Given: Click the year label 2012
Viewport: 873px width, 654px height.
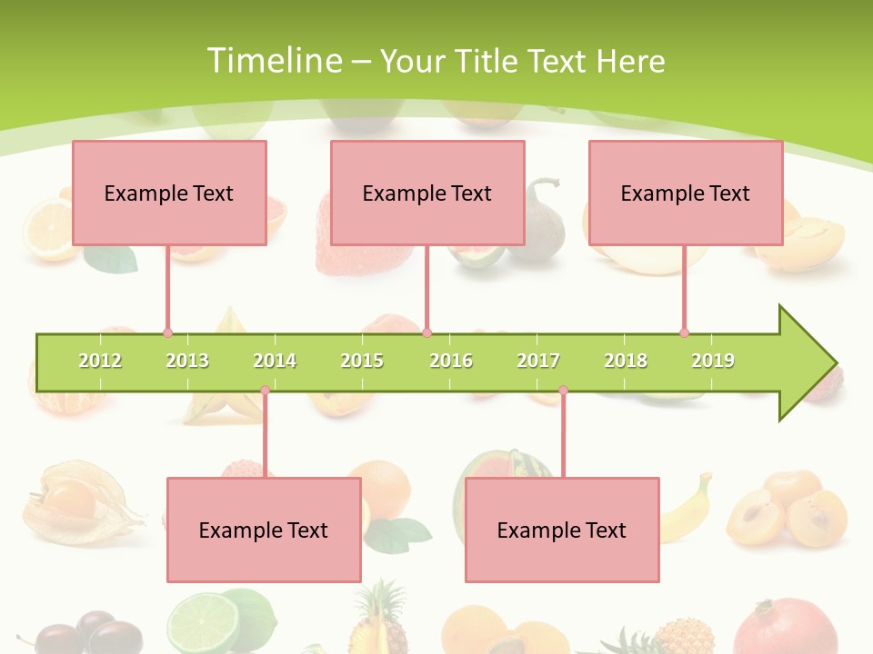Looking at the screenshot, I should click(100, 361).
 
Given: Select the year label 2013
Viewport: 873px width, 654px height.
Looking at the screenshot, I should click(187, 361).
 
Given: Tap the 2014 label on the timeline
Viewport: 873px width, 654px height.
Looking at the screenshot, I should click(275, 361).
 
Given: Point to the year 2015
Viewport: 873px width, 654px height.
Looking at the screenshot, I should click(362, 361).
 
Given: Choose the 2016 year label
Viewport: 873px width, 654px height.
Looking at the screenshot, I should click(451, 361).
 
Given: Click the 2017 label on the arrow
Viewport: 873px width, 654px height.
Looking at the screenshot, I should click(538, 361).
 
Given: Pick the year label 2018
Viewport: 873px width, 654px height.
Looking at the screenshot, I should click(626, 361).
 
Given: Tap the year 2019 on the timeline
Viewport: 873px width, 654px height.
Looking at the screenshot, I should click(713, 361).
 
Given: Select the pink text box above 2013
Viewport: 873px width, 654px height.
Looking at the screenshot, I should click(169, 193).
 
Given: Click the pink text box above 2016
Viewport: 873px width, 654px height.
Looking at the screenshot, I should click(427, 193).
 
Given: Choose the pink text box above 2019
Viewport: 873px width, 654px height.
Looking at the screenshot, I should click(686, 193).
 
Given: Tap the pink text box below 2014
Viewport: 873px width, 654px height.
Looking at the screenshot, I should click(264, 530).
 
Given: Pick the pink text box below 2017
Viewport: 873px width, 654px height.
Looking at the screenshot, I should click(562, 530).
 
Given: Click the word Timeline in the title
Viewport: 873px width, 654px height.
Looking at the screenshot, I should click(273, 61).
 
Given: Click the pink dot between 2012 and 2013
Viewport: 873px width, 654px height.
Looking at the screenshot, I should click(167, 332).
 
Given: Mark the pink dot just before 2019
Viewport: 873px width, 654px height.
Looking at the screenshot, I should click(684, 332).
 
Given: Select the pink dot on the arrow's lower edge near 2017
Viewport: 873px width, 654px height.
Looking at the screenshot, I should click(563, 391).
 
